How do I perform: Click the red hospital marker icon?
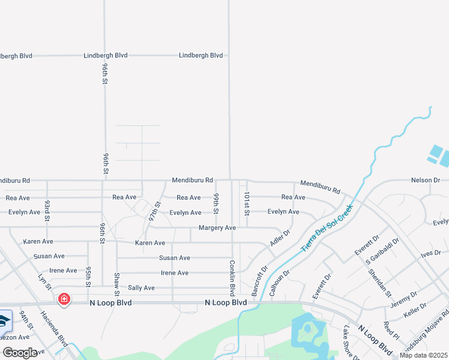(x=63, y=298)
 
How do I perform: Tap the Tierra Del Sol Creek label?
(x=327, y=228)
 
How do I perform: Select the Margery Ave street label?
(x=217, y=228)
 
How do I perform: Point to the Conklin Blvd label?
(x=231, y=277)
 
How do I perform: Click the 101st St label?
(x=246, y=205)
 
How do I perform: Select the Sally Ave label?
(x=141, y=288)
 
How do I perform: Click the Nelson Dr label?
(x=426, y=180)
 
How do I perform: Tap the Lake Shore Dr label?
(x=350, y=343)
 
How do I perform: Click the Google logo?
(x=20, y=353)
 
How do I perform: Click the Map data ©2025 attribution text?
(x=424, y=355)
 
